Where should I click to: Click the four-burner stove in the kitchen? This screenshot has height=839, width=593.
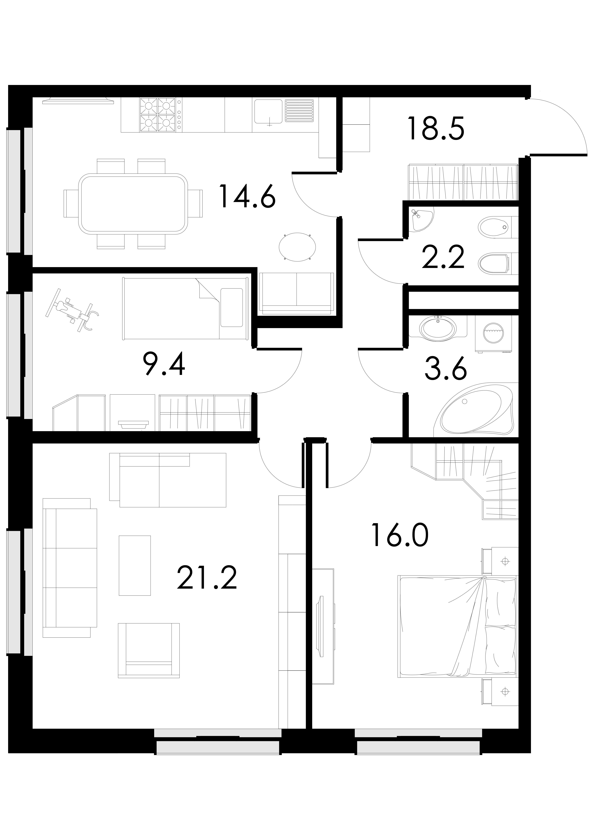click(158, 115)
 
